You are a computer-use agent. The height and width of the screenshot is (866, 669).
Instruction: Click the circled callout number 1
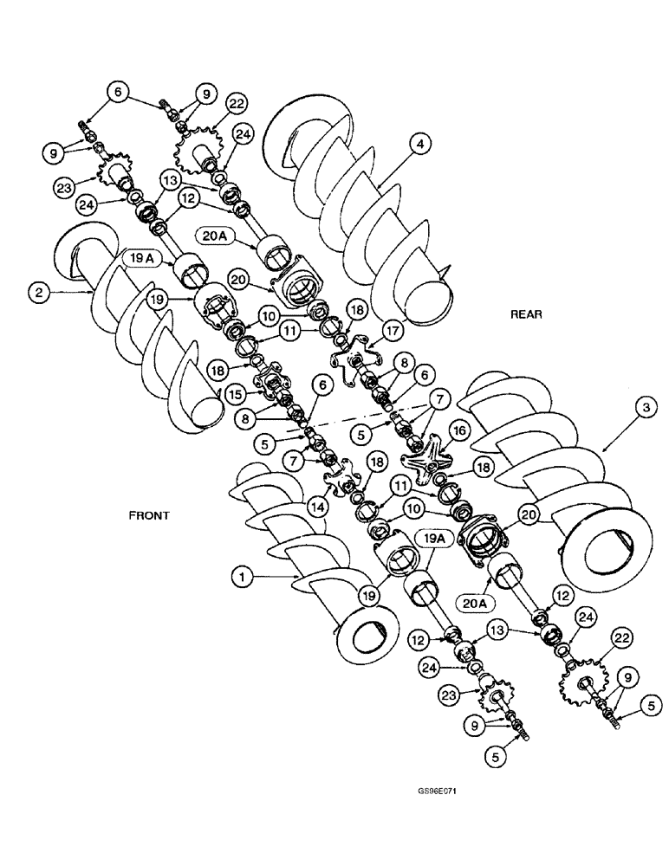coord(243,573)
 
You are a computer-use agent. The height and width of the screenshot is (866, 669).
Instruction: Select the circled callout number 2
coord(36,293)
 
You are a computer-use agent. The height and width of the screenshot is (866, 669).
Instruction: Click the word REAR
coord(526,314)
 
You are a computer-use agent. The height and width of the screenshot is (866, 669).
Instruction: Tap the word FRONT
coord(147,514)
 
